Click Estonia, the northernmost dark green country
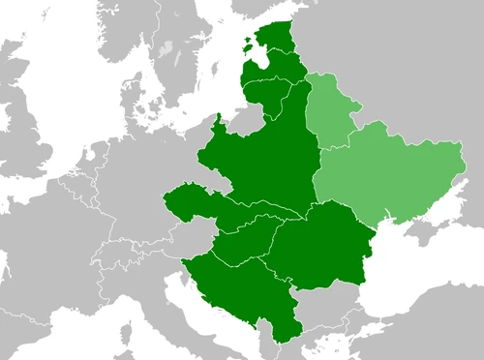tap(281, 41)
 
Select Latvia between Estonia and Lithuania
tap(276, 68)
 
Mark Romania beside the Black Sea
tap(319, 247)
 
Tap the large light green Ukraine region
tap(387, 174)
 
